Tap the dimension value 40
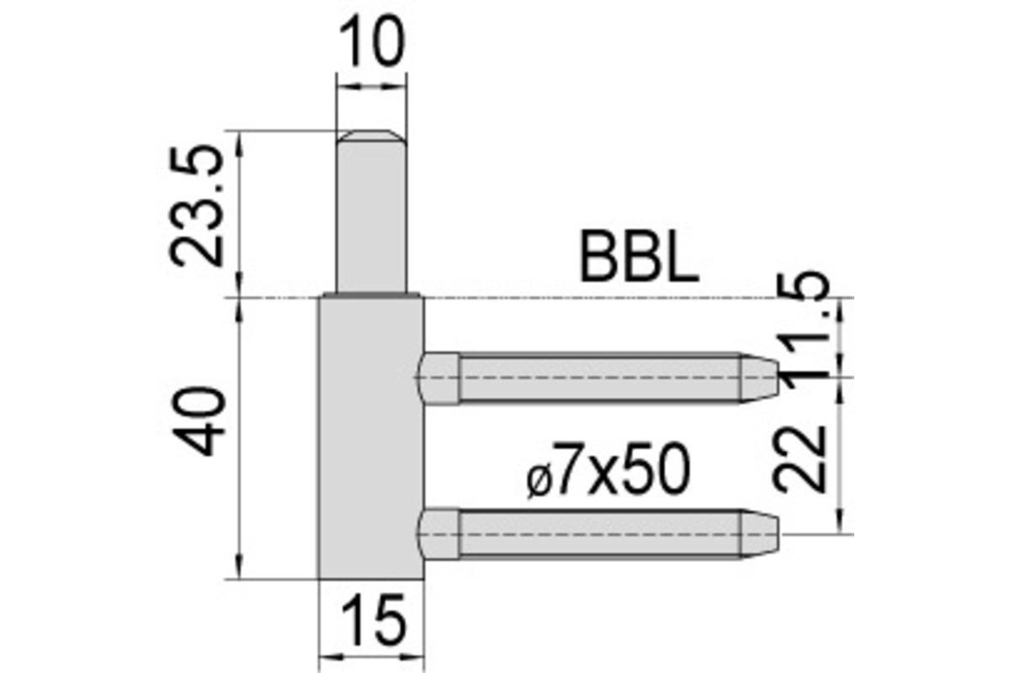click(x=203, y=421)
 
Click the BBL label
click(x=639, y=259)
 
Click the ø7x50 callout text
click(x=607, y=474)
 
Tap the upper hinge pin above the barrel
click(x=370, y=219)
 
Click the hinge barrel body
click(x=370, y=437)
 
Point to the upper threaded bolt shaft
click(x=598, y=378)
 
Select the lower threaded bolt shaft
click(x=598, y=534)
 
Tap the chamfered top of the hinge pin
click(x=370, y=135)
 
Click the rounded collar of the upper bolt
click(x=439, y=378)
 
